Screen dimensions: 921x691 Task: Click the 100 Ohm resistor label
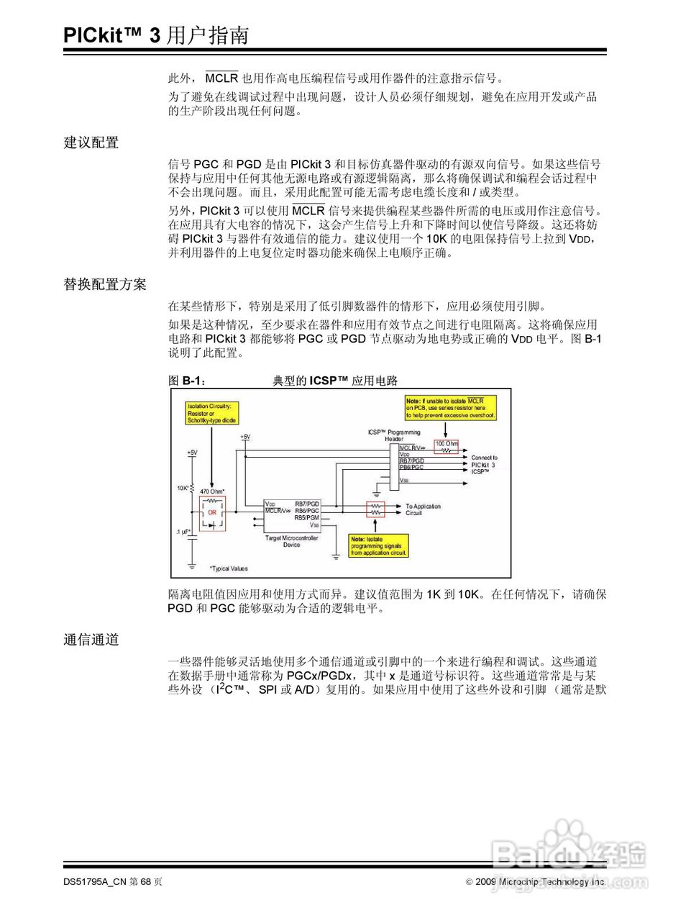[x=446, y=443]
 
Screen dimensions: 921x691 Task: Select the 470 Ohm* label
[x=212, y=491]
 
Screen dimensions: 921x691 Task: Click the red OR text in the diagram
[x=212, y=512]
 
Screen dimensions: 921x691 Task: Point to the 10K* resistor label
[x=183, y=489]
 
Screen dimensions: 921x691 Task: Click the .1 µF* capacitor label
[x=183, y=532]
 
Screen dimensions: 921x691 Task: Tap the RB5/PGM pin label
[x=307, y=517]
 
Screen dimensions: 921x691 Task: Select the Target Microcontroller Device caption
[x=291, y=541]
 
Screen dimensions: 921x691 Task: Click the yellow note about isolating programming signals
[x=379, y=546]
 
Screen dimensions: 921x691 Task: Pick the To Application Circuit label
[x=423, y=509]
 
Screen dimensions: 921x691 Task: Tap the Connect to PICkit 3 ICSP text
[x=484, y=464]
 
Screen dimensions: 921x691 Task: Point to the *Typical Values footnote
[x=229, y=568]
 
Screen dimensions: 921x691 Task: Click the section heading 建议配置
[x=91, y=142]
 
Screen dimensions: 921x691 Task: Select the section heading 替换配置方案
[x=105, y=284]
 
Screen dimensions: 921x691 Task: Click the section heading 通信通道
[x=91, y=640]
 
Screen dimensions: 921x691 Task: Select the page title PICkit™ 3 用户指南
[x=156, y=35]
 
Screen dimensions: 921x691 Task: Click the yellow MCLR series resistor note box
[x=450, y=408]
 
